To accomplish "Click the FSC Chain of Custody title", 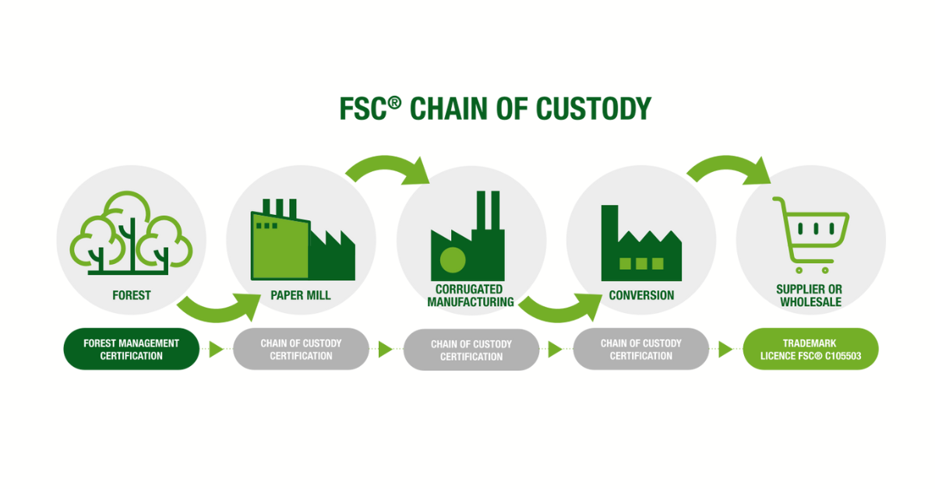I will pos(495,109).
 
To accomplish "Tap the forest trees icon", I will pos(131,233).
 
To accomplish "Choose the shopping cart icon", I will pos(810,234).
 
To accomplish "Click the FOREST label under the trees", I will pos(131,296).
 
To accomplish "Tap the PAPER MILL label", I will pos(301,296).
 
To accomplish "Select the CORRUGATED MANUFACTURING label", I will pos(471,296).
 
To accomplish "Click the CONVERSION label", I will pos(641,296).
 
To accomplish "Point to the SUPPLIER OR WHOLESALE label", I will pos(810,296).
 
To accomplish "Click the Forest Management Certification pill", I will pos(131,349).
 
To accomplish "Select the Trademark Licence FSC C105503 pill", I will pos(810,349).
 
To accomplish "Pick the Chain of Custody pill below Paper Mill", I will pos(301,349).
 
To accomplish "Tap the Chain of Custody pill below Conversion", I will pos(640,349).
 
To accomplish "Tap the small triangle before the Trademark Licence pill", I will pos(725,350).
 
